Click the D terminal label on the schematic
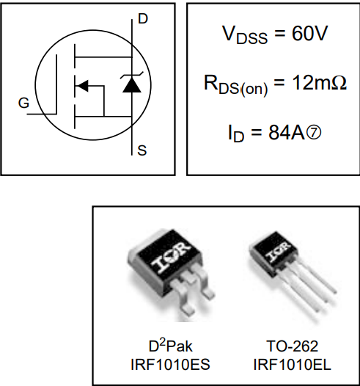(x=142, y=18)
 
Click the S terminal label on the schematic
(x=142, y=151)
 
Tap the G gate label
(x=24, y=103)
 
